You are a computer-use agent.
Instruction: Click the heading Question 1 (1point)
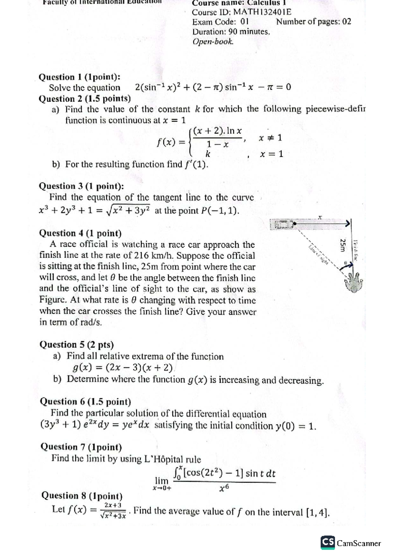click(x=79, y=77)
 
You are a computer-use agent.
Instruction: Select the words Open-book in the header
click(x=213, y=42)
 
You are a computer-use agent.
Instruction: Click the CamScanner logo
click(x=350, y=543)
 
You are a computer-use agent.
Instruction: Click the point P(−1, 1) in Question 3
click(x=219, y=211)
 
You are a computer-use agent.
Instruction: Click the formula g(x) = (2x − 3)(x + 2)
click(x=123, y=368)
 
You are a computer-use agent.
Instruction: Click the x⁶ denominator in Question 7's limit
click(x=224, y=489)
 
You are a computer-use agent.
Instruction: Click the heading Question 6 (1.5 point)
click(x=85, y=401)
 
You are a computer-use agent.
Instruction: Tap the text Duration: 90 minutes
click(x=231, y=32)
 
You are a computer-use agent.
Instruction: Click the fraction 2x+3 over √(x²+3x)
click(x=113, y=510)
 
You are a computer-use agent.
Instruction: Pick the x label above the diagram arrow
click(x=320, y=217)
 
